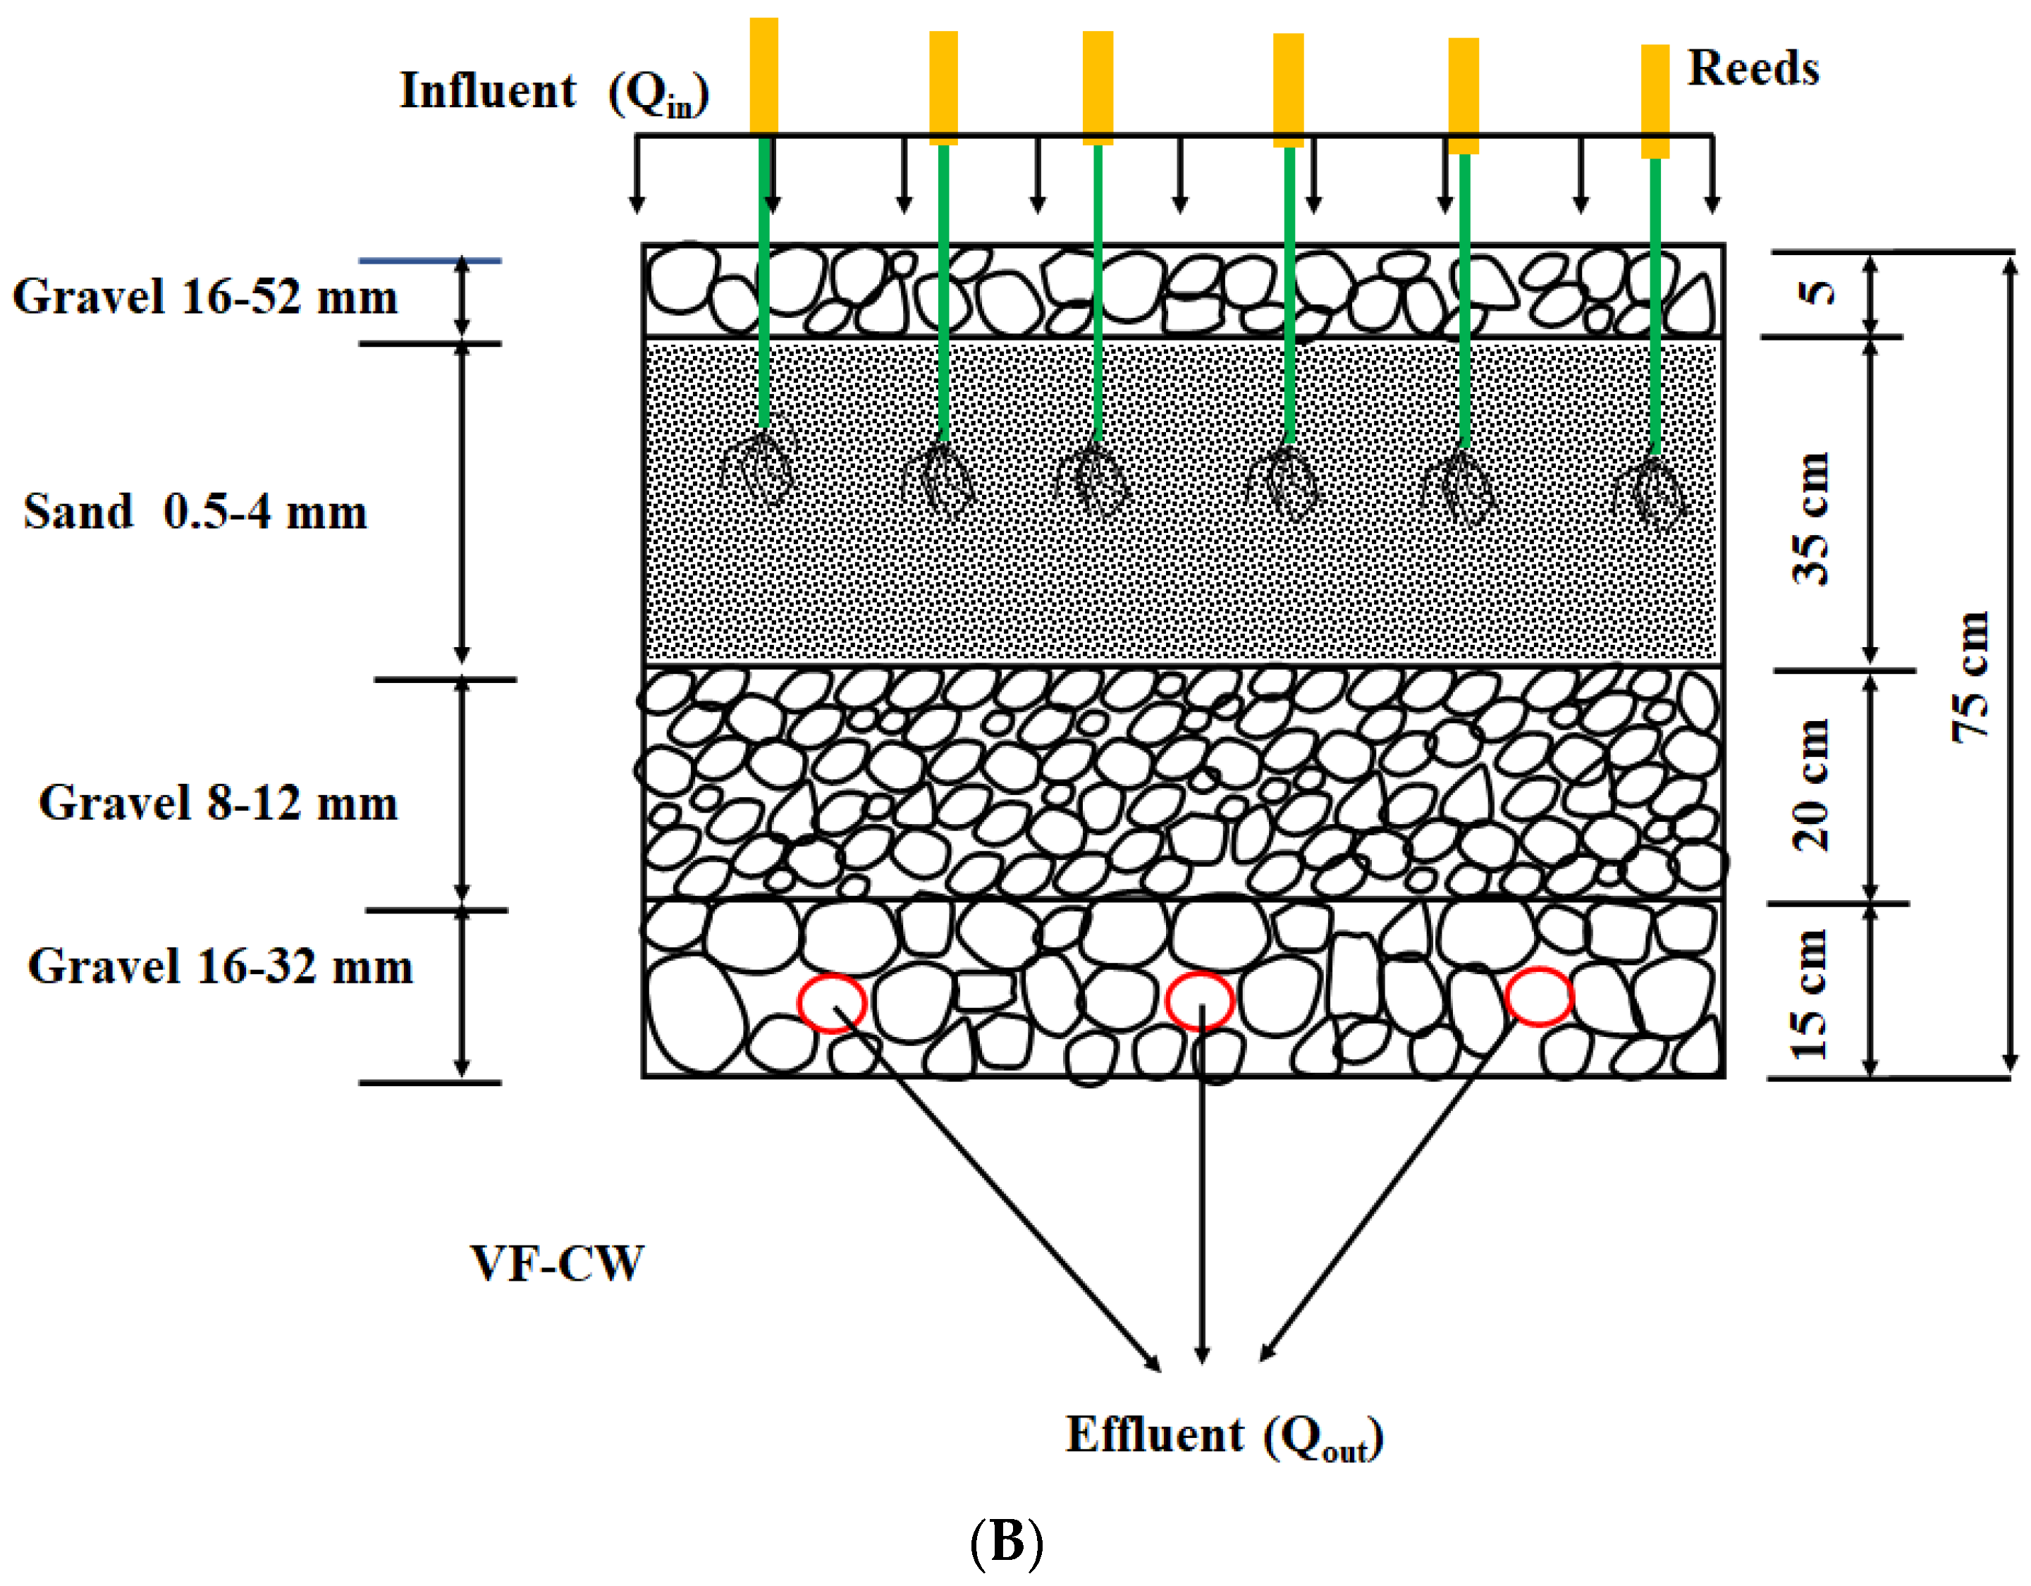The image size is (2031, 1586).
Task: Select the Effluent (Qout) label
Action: pyautogui.click(x=1224, y=1437)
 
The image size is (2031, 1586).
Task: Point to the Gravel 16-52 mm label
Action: pyautogui.click(x=204, y=297)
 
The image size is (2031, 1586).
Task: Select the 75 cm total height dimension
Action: pyautogui.click(x=1970, y=676)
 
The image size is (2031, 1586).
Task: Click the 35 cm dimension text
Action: pyautogui.click(x=1810, y=519)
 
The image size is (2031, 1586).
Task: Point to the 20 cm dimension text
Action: pyautogui.click(x=1810, y=785)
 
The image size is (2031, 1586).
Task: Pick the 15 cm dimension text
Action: pyautogui.click(x=1810, y=994)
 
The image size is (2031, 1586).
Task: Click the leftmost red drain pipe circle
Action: pyautogui.click(x=831, y=1003)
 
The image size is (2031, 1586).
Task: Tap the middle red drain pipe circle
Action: pyautogui.click(x=1200, y=1000)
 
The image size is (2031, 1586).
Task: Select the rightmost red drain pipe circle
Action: pyautogui.click(x=1538, y=997)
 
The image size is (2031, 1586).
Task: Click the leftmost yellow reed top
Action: pyautogui.click(x=763, y=75)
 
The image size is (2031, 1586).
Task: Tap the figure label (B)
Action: pyautogui.click(x=1006, y=1542)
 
